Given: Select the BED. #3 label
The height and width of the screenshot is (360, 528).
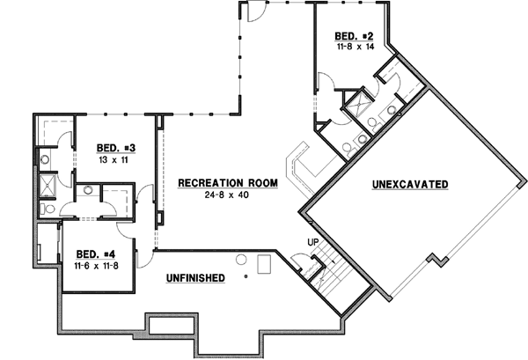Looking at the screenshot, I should pyautogui.click(x=114, y=147).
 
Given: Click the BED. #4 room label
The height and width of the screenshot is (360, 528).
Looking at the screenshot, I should pyautogui.click(x=96, y=250).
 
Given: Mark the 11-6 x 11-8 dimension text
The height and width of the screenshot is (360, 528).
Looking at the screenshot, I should pyautogui.click(x=96, y=261).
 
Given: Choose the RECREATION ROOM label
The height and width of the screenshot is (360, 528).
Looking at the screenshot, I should pyautogui.click(x=227, y=183).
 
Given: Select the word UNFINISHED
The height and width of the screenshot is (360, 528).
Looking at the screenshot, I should pyautogui.click(x=194, y=278).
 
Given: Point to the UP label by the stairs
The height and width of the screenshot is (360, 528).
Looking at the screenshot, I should pyautogui.click(x=312, y=242).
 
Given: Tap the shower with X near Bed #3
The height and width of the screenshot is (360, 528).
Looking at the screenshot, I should pyautogui.click(x=47, y=186).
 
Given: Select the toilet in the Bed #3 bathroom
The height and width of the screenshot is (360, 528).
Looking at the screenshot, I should pyautogui.click(x=45, y=159).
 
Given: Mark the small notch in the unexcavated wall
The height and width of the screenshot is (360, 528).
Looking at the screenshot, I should pyautogui.click(x=433, y=259).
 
